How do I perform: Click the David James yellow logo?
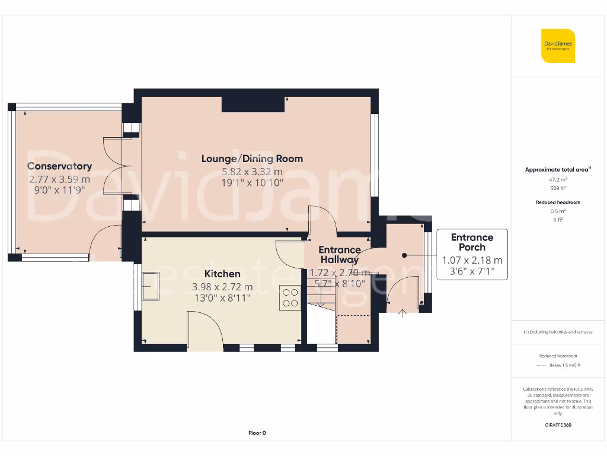(x=558, y=46)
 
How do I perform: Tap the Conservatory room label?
(x=59, y=166)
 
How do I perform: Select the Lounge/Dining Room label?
(x=252, y=159)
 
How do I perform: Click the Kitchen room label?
(x=222, y=274)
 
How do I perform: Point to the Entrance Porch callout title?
(x=472, y=242)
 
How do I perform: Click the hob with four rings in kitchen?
(x=290, y=297)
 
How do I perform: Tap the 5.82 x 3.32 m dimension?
(x=252, y=172)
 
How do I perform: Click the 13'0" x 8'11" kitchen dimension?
(x=222, y=298)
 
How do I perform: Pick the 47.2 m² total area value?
(x=558, y=179)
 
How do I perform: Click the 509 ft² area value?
(x=558, y=188)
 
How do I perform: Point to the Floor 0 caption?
(x=257, y=433)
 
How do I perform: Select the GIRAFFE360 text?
(x=558, y=425)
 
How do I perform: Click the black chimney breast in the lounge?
(x=253, y=104)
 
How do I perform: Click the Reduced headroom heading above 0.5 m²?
(x=558, y=202)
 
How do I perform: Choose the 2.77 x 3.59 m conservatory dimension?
(x=59, y=179)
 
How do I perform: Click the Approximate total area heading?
(x=557, y=170)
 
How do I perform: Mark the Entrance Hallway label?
(x=340, y=255)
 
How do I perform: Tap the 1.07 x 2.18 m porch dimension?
(x=472, y=260)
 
